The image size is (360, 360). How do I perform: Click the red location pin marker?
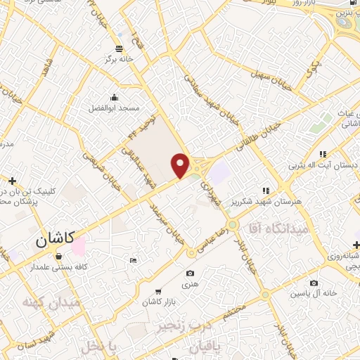181,165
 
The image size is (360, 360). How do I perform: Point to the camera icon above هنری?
190,273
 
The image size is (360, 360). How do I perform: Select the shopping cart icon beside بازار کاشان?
157,291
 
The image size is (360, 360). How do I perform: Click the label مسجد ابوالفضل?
114,109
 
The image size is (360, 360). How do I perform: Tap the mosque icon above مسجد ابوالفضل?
114,97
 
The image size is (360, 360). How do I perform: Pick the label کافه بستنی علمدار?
58,266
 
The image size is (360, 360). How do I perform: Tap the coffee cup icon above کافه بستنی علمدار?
58,256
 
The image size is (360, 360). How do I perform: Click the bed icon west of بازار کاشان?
134,261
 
